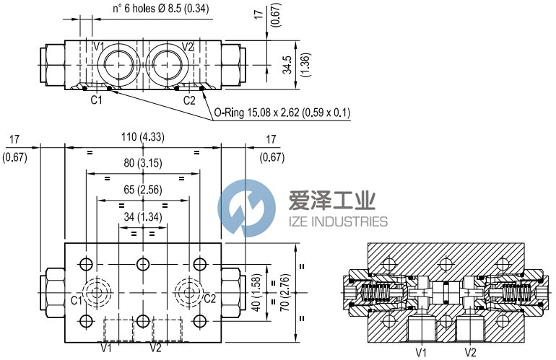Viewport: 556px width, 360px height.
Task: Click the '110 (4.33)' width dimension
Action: pyautogui.click(x=144, y=136)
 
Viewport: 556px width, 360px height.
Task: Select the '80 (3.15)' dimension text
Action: pyautogui.click(x=144, y=164)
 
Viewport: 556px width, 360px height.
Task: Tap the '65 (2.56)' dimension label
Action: pyautogui.click(x=144, y=190)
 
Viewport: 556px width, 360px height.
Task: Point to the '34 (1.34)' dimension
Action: pyautogui.click(x=144, y=217)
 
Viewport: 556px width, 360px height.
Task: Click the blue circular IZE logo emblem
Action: pyautogui.click(x=247, y=208)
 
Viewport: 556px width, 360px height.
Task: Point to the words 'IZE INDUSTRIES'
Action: pyautogui.click(x=339, y=221)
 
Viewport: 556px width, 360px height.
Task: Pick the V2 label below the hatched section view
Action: pyautogui.click(x=470, y=352)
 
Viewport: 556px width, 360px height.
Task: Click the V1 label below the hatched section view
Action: pyautogui.click(x=421, y=352)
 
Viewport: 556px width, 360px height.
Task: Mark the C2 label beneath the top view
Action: pyautogui.click(x=189, y=100)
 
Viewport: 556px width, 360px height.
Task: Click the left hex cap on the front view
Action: pyautogui.click(x=55, y=291)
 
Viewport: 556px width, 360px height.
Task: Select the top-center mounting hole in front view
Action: pyautogui.click(x=143, y=262)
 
